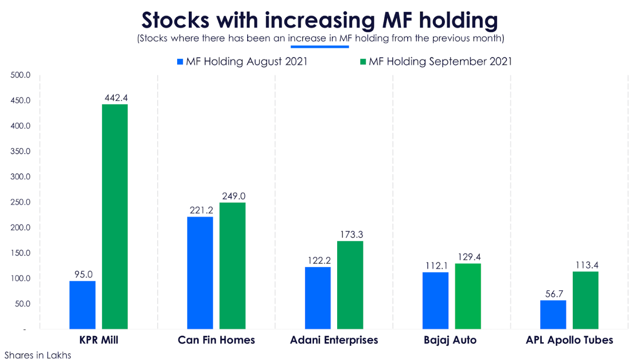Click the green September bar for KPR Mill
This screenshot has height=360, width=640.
[115, 217]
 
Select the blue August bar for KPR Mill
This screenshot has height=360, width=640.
[83, 305]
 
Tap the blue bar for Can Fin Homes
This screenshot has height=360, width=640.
[200, 273]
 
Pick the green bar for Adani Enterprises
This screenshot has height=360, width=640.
[350, 285]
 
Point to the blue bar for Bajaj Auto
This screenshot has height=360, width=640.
[435, 301]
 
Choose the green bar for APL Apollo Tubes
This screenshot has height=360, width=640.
[585, 300]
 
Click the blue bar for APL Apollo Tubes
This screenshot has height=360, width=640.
[553, 315]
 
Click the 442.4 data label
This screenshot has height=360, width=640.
[115, 97]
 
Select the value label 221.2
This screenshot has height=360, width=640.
[201, 210]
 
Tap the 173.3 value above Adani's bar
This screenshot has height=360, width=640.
[351, 234]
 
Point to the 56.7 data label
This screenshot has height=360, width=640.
[553, 294]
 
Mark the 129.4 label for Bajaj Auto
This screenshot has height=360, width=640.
[468, 257]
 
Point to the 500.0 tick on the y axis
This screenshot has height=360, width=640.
[21, 75]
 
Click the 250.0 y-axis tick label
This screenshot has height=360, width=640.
[21, 202]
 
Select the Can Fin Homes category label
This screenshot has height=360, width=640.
[216, 340]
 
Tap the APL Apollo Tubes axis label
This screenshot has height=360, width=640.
[569, 340]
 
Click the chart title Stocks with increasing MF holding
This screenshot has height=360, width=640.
[320, 20]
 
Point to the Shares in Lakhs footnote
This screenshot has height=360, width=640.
[38, 355]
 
